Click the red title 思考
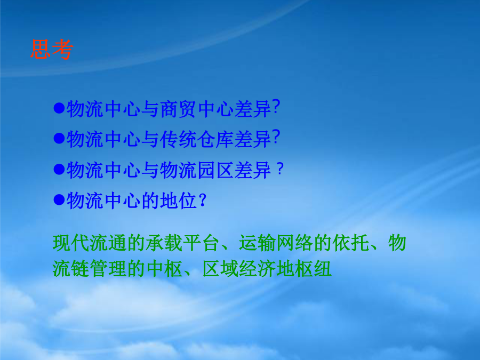click(52, 49)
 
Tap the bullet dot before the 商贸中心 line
click(59, 108)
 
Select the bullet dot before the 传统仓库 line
click(59, 138)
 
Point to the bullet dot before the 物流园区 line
click(59, 169)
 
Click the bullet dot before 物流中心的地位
click(59, 199)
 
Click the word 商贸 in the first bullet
click(178, 109)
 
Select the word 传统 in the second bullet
click(178, 139)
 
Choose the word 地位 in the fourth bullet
click(178, 201)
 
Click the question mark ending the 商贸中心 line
click(276, 107)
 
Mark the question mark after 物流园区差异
click(280, 169)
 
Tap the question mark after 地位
click(202, 200)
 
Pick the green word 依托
click(350, 243)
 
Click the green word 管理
click(108, 269)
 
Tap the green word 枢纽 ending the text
click(313, 269)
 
